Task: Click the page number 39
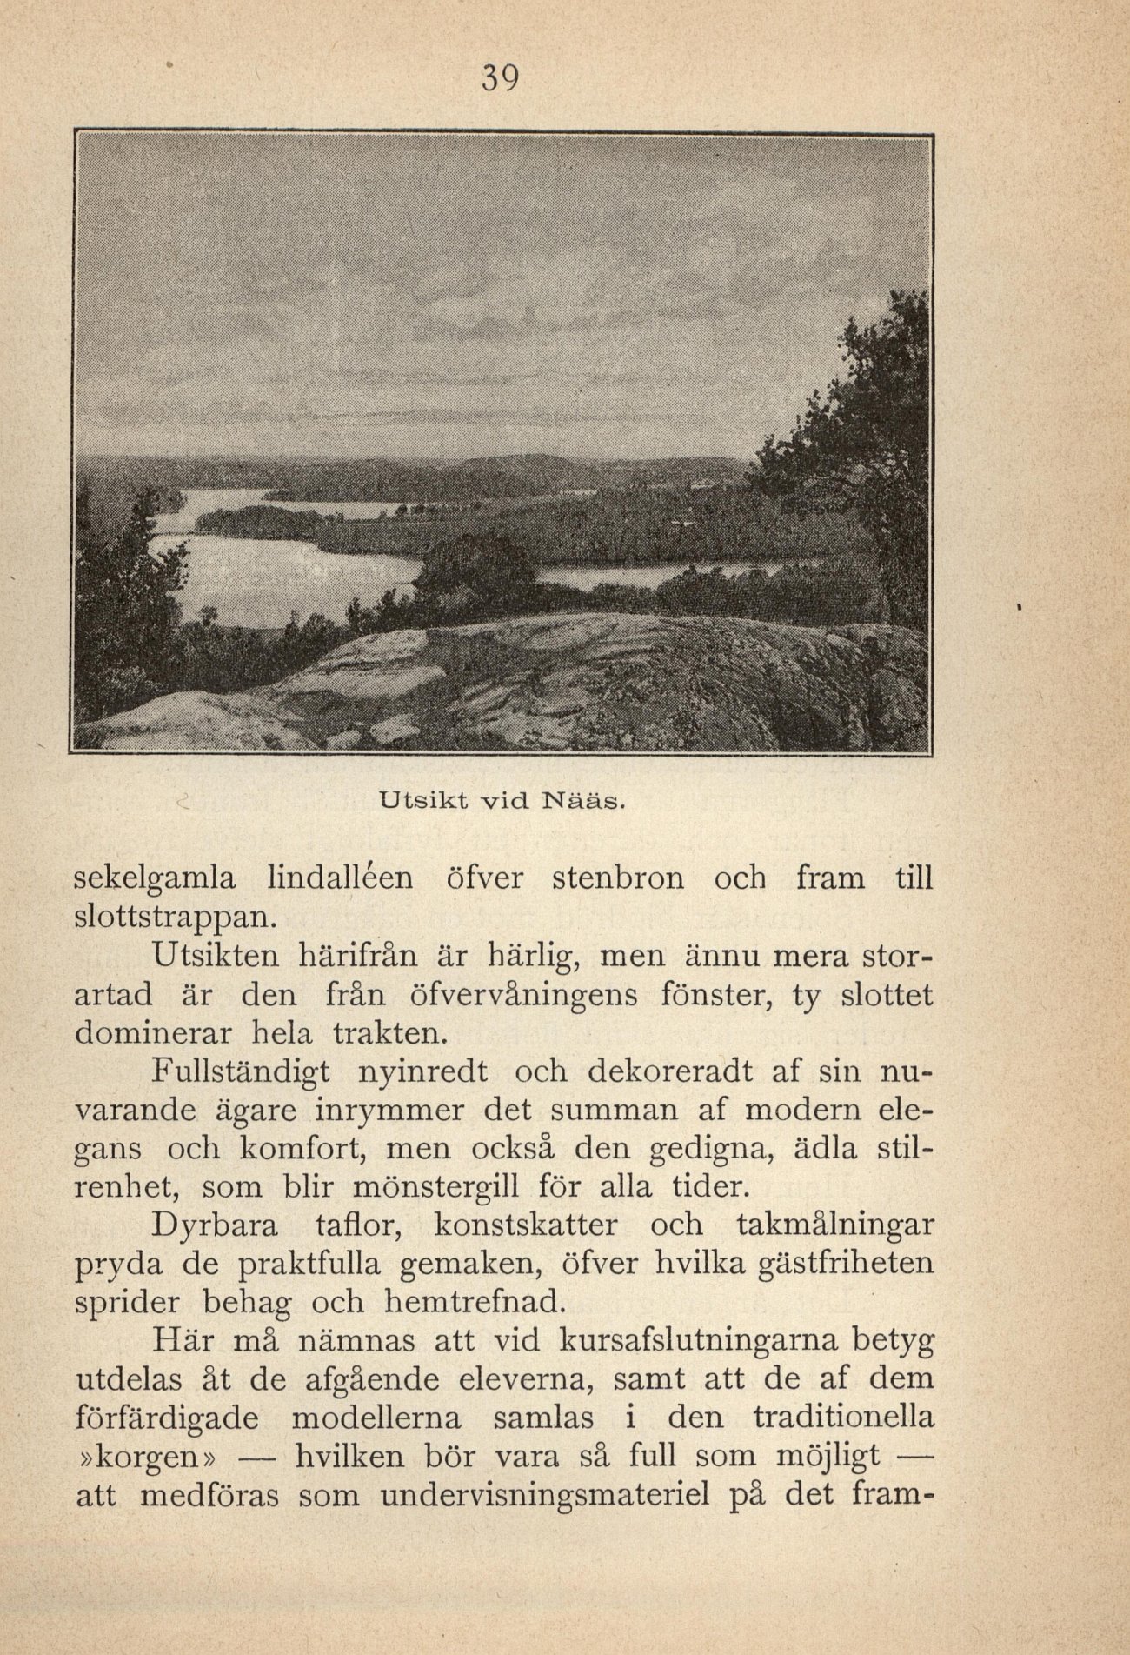coord(499,79)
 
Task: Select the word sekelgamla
coord(156,879)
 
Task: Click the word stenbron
coord(618,878)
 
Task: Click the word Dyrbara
coord(215,1226)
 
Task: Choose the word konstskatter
coord(525,1226)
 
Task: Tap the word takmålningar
coord(834,1226)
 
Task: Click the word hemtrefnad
coord(473,1303)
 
